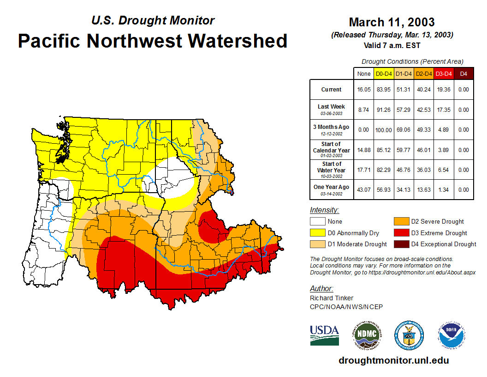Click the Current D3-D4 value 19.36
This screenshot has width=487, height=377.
444,90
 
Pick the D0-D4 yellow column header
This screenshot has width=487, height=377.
384,73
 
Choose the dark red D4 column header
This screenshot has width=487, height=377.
463,73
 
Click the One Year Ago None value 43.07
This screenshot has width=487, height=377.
364,189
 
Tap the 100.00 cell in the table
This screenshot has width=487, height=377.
384,130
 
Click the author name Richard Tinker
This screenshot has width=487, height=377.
331,298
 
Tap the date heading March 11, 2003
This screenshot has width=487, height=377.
392,22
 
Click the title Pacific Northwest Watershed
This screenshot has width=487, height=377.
153,41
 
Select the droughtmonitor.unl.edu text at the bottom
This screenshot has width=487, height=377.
393,360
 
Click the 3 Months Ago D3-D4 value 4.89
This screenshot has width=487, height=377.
444,130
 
